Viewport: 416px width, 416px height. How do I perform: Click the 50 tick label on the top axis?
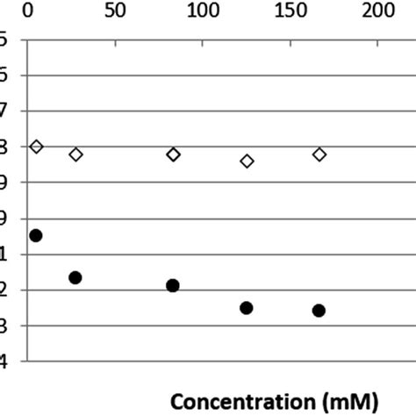tap(114, 11)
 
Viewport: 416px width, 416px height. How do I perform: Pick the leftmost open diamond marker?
tap(36, 146)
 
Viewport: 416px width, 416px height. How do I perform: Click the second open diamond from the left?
tap(75, 154)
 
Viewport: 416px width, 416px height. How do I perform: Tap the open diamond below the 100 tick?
tap(173, 154)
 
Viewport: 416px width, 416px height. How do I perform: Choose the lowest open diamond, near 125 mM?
tap(247, 161)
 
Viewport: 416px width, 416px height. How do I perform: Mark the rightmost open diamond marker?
tap(319, 154)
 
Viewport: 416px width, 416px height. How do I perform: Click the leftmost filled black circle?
tap(36, 235)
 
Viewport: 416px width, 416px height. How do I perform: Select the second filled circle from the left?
tap(75, 277)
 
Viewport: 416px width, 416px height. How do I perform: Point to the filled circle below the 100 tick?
tap(173, 285)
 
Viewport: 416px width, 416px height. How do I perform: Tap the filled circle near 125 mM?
tap(247, 308)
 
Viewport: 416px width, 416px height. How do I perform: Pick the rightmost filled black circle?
tap(319, 311)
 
